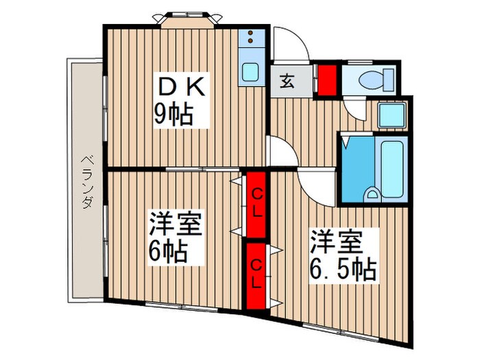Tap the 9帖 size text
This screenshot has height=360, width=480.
(173, 114)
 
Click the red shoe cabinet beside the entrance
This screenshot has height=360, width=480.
(326, 78)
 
